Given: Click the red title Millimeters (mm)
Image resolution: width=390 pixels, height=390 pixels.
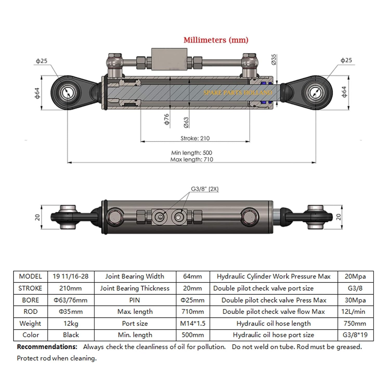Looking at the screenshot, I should point(216,40).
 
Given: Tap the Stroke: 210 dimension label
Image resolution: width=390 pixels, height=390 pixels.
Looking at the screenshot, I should point(195,138).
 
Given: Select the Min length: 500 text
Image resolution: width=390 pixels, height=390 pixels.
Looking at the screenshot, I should point(192,153).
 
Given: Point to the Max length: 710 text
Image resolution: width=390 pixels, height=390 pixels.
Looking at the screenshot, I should point(192,159).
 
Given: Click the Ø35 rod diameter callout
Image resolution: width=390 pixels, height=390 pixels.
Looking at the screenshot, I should point(274,60).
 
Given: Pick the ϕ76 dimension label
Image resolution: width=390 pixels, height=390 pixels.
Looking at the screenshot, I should point(167,119).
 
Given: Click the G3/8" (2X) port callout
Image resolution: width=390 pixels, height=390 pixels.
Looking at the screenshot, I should point(205,189).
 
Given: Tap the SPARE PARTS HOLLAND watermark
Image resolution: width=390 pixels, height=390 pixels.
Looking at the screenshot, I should point(238,93).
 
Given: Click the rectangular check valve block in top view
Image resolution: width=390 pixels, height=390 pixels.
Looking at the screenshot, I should point(169,59).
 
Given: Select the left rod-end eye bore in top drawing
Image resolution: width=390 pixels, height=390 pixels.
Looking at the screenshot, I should point(68,93).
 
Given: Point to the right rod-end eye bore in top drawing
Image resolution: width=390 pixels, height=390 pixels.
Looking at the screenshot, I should point(316,93).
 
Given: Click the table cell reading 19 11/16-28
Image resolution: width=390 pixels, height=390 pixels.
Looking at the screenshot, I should point(70,276).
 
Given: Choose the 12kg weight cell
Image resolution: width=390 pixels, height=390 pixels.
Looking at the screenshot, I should point(71,323).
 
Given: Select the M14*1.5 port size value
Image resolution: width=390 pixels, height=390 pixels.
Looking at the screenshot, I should point(193,323).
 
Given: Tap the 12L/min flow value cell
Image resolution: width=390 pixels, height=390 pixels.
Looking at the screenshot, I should point(355,311).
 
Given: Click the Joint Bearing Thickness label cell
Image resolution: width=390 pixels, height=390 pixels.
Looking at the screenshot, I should point(135,288).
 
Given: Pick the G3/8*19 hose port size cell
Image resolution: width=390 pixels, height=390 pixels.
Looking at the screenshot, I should point(355,335).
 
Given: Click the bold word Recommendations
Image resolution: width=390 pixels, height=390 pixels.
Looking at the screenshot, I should point(47,347).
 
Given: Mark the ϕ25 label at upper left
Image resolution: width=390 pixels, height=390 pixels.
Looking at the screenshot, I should point(42,61).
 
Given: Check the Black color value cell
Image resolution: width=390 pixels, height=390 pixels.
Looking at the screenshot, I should point(71,335).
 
